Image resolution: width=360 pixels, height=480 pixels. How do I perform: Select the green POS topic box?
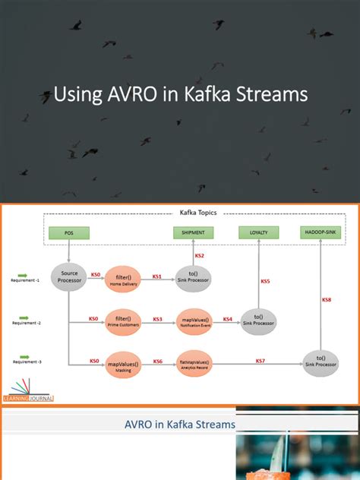(69, 232)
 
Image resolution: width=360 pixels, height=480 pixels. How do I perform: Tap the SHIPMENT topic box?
(193, 232)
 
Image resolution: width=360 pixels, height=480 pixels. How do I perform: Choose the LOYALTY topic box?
(258, 232)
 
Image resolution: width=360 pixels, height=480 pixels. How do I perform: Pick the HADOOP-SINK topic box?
(320, 232)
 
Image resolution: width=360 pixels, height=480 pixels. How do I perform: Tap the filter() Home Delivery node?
(123, 276)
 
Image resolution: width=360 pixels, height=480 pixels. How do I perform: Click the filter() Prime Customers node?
(123, 320)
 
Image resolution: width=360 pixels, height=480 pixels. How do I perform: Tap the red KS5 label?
(265, 281)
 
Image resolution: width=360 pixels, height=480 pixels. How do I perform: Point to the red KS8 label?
(327, 300)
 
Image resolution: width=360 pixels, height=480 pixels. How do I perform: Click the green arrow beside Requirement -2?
(24, 317)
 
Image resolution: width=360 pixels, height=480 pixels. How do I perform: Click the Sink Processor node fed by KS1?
(193, 276)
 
